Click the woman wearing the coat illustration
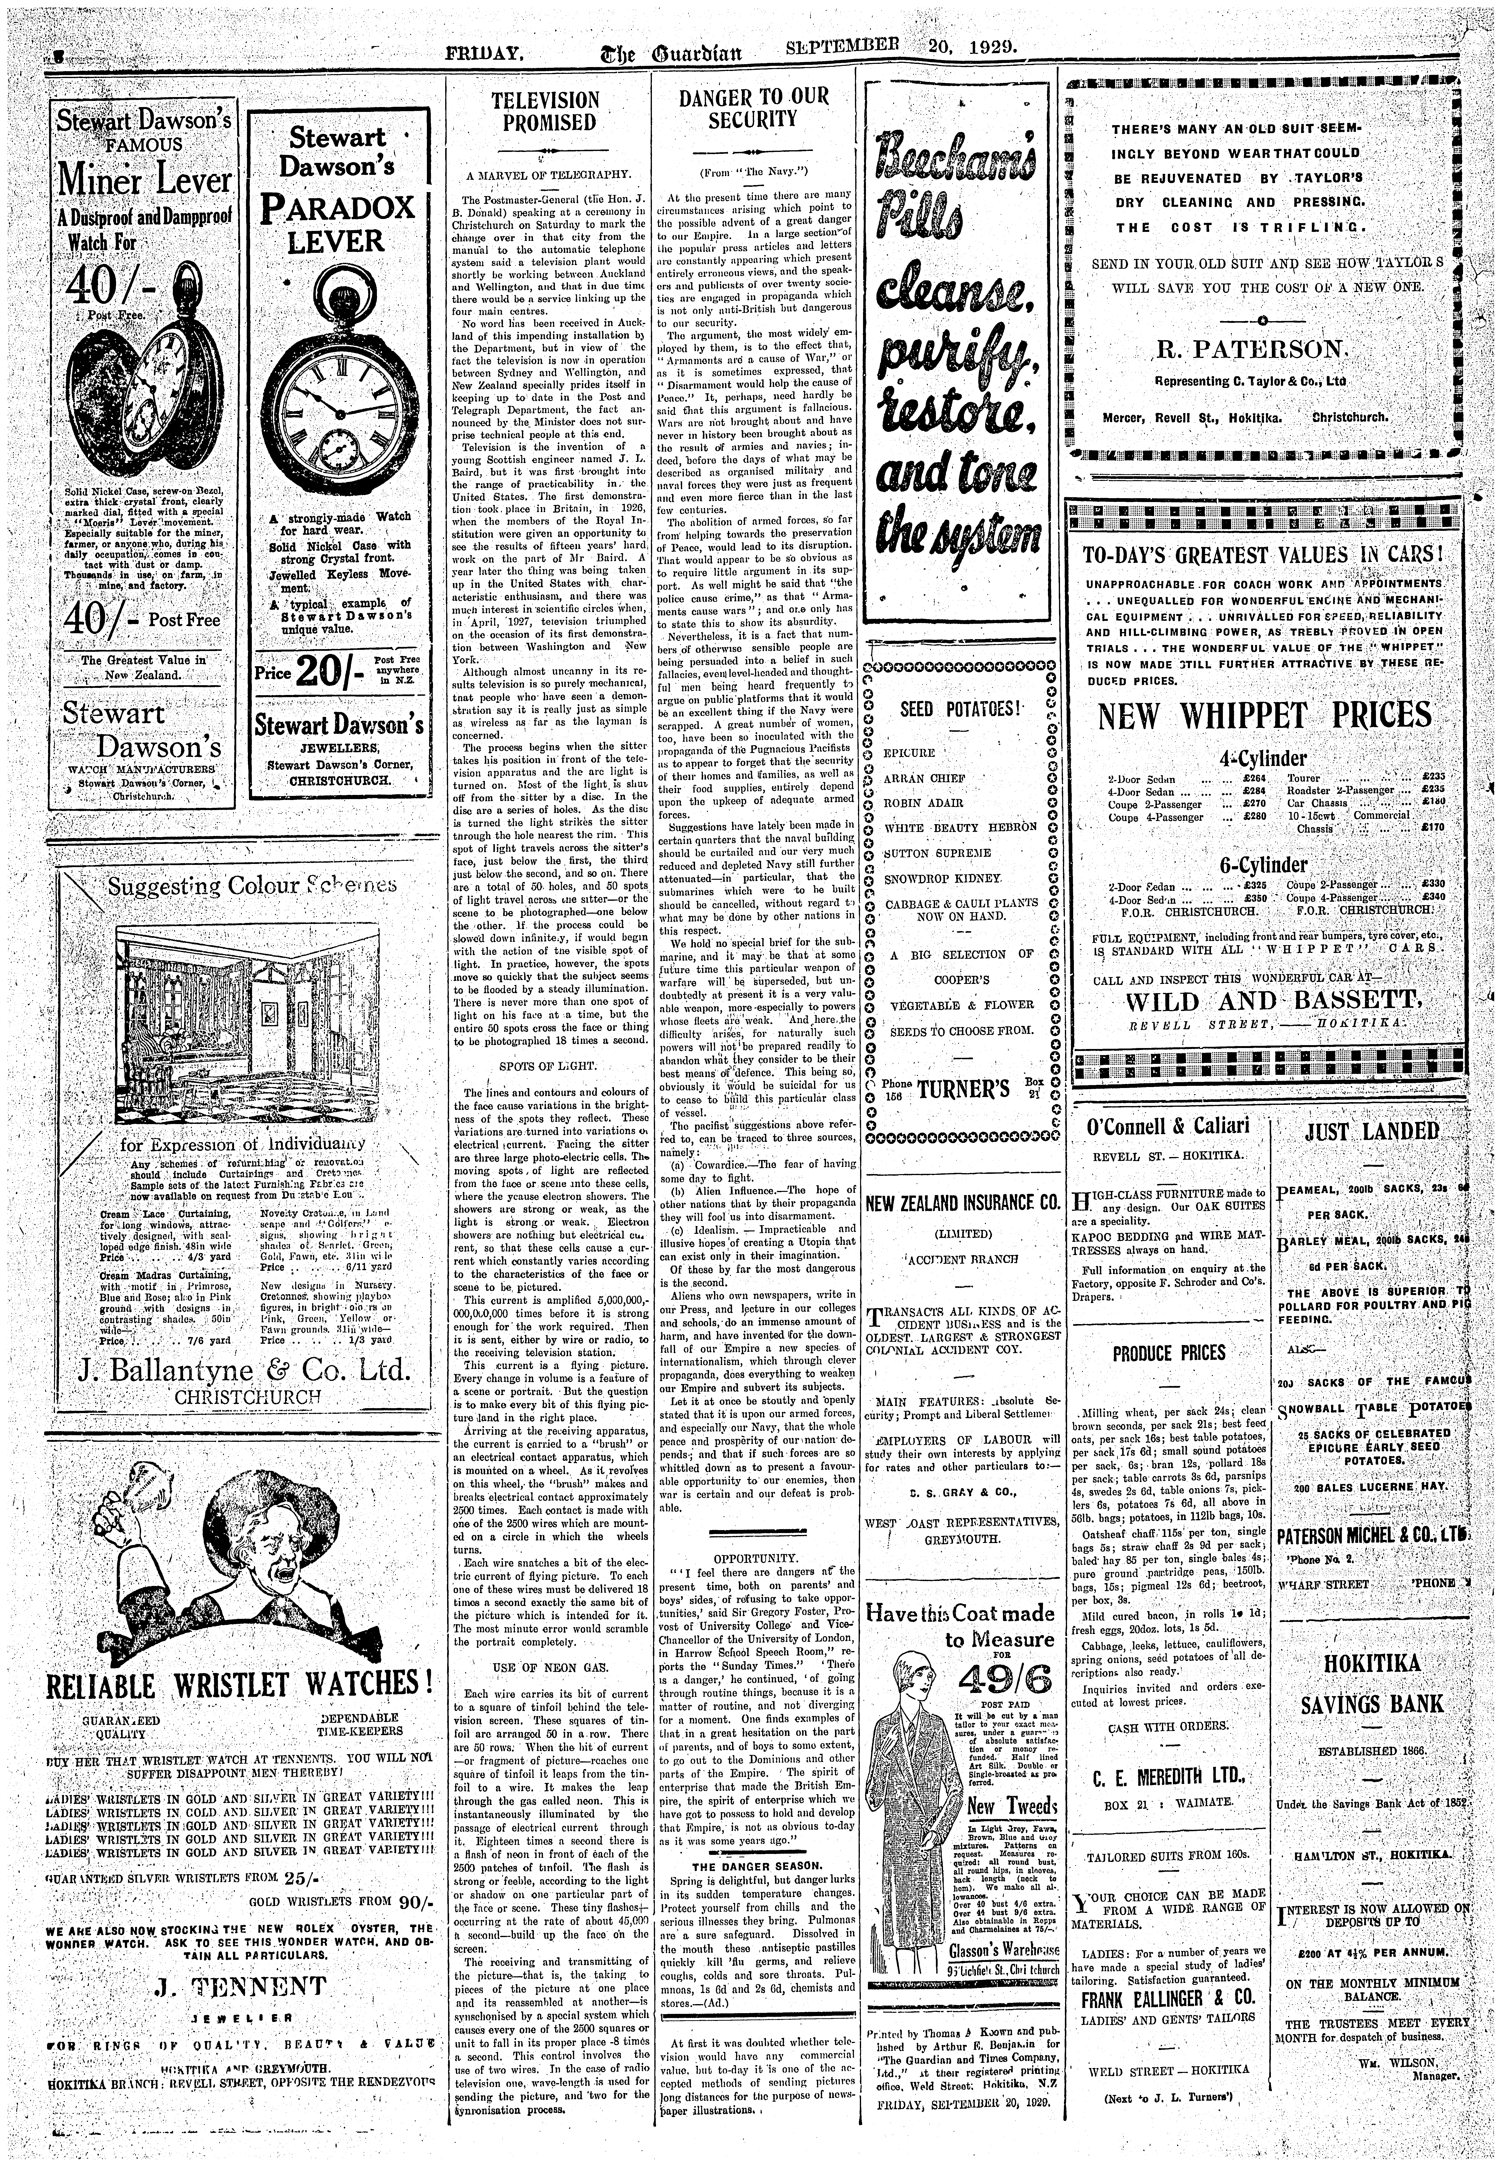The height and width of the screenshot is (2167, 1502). point(908,1789)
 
